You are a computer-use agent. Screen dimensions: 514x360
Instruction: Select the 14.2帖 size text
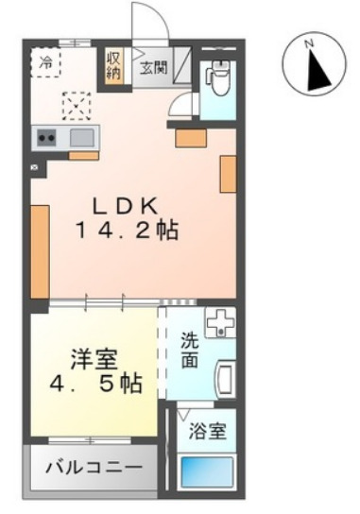coord(129,230)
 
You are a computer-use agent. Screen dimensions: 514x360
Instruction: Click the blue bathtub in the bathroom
coord(207,470)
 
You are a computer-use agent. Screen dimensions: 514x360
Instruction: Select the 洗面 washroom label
coord(190,352)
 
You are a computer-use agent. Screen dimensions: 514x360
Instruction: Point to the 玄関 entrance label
coord(153,67)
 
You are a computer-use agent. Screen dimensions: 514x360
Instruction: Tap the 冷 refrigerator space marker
coord(46,63)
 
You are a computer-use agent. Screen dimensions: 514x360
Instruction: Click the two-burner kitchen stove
coord(46,138)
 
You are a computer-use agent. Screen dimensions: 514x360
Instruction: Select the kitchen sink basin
coord(81,138)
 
